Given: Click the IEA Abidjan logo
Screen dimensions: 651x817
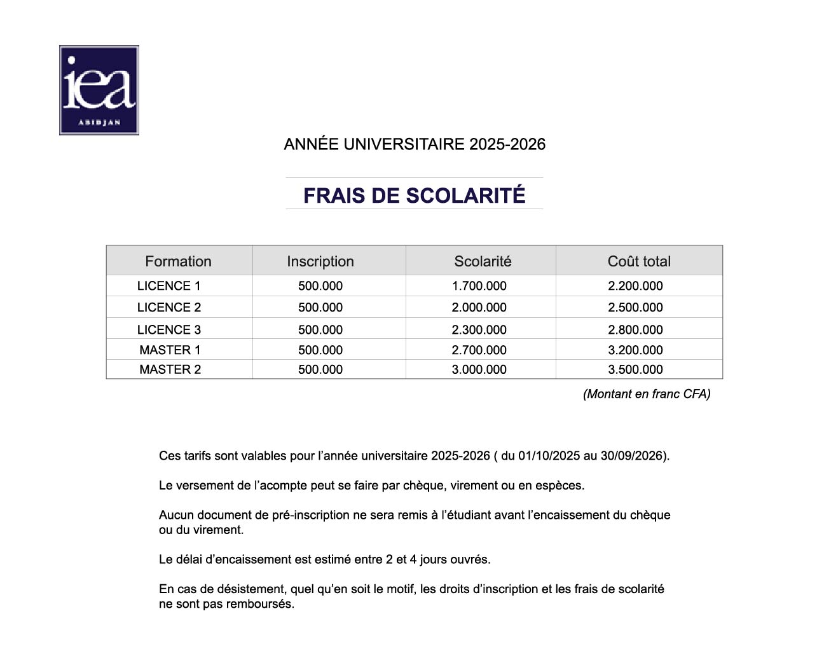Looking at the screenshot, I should point(99,90).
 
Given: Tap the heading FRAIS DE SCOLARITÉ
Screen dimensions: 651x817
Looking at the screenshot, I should point(414,195).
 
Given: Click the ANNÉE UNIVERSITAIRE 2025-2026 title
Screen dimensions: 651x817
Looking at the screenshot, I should point(415,144).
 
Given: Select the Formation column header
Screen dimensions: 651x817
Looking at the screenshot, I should point(178,261).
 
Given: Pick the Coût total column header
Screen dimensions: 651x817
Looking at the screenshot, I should point(639,261).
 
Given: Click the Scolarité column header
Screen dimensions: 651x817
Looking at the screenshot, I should point(483,261).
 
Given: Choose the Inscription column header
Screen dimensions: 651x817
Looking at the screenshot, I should point(320,261).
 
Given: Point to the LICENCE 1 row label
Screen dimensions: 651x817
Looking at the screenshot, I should point(169,286).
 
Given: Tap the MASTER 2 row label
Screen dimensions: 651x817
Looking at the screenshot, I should point(170,369).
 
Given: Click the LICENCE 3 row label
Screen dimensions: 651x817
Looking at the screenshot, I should point(169,329).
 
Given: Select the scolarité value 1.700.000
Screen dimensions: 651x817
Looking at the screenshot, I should point(479,286).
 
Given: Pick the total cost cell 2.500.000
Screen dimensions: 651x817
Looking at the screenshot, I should point(635,308).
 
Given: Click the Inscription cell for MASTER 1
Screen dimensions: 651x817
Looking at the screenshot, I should point(320,350).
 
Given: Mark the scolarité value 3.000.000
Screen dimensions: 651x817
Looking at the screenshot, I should point(479,369).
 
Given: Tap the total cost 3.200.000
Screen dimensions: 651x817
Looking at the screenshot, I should point(635,350).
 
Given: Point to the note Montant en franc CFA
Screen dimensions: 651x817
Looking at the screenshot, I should point(647,394).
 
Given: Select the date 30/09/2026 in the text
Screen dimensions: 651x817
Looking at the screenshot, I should point(631,456).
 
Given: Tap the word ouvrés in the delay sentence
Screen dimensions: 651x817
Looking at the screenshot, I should point(470,559).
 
